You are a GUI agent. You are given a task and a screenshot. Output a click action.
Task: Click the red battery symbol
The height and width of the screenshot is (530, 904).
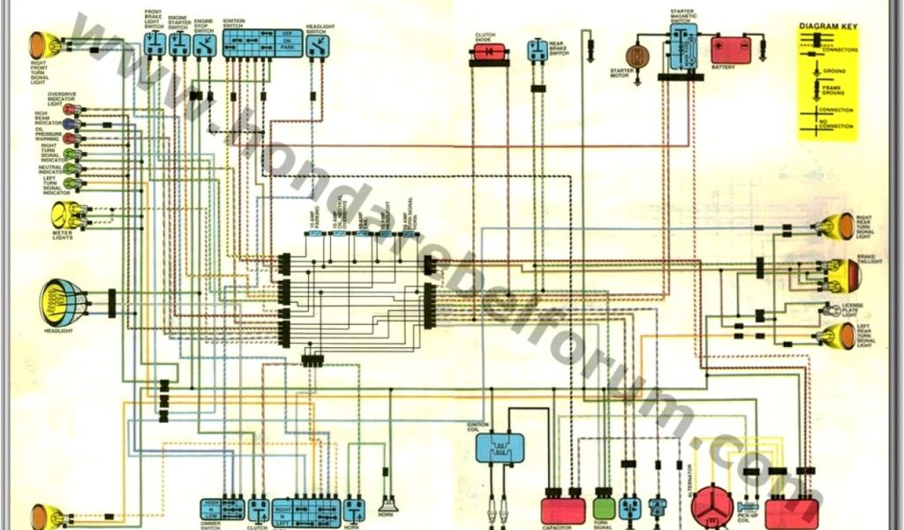[731, 49]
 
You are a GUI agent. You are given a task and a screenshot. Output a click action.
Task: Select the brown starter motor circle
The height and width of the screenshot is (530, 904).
[637, 56]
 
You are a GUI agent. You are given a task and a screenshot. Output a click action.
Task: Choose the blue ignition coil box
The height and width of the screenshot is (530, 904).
[500, 447]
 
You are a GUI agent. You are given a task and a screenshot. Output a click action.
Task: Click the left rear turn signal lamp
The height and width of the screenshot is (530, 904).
[837, 335]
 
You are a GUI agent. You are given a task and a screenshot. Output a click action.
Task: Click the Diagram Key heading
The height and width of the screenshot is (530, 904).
[828, 27]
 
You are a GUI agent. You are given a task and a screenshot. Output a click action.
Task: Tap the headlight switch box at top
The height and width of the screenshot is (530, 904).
[317, 47]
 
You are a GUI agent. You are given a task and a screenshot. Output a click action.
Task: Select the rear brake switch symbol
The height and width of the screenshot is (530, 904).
[537, 50]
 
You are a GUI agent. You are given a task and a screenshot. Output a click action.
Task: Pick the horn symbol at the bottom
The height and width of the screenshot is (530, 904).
[387, 506]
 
